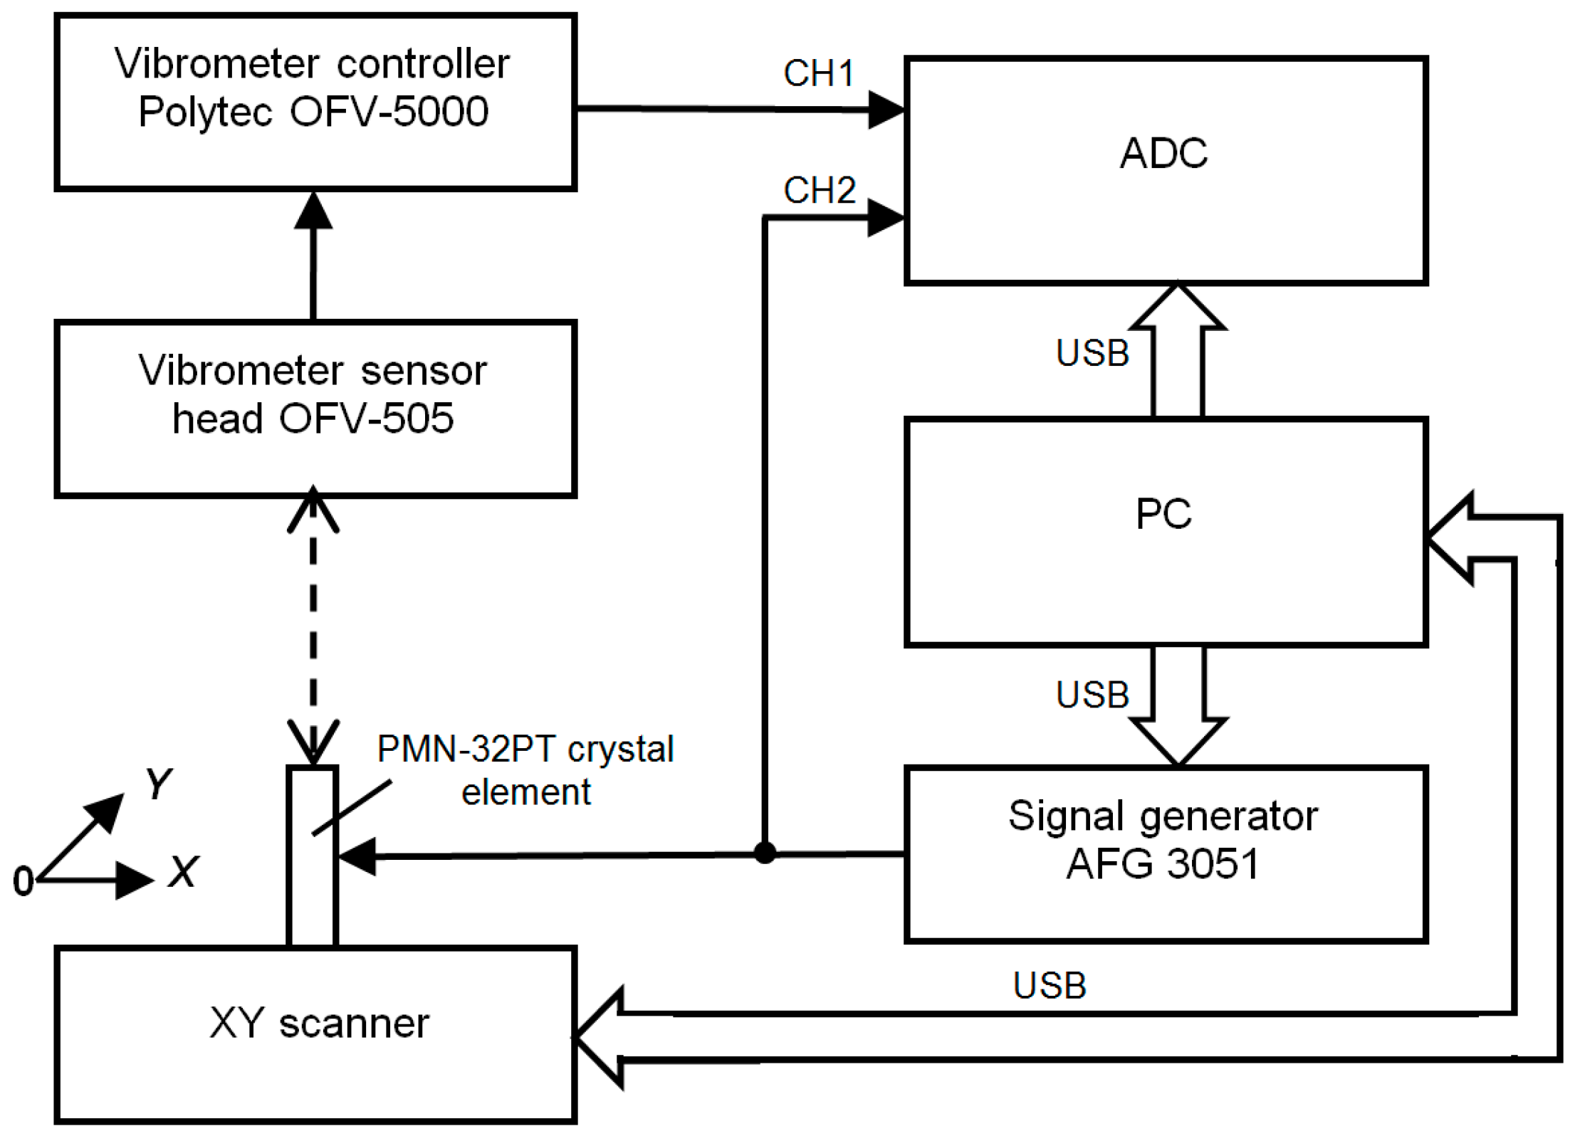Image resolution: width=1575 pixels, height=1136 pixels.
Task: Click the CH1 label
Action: coord(818,73)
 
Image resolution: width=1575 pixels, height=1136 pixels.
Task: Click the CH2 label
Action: coord(819,190)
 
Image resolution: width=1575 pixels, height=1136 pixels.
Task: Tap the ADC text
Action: coord(1163,153)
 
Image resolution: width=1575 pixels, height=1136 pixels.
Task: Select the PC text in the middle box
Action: coord(1163,513)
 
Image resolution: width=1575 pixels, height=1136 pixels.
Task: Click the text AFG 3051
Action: coord(1163,863)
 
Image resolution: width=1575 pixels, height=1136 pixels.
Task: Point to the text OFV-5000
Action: coord(389,112)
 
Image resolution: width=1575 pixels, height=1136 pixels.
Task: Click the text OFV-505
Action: coord(366,418)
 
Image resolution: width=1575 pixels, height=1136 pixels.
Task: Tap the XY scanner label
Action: coord(319,1024)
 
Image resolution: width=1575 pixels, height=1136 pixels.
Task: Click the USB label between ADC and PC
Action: coord(1092,353)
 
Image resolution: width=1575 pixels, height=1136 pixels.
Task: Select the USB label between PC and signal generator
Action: coord(1092,695)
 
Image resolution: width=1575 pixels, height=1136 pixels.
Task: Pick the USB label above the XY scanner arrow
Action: coord(1049,986)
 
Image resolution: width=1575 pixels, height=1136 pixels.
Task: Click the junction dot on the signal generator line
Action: coord(765,852)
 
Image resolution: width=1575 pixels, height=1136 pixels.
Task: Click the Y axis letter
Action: coord(158,784)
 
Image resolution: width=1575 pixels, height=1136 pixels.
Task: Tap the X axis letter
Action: coord(184,871)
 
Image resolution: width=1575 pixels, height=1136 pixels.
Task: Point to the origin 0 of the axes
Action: coord(23,881)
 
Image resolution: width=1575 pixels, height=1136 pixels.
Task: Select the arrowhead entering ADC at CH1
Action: coord(886,110)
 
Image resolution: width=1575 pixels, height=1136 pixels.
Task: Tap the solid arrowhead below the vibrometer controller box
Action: coord(313,211)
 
